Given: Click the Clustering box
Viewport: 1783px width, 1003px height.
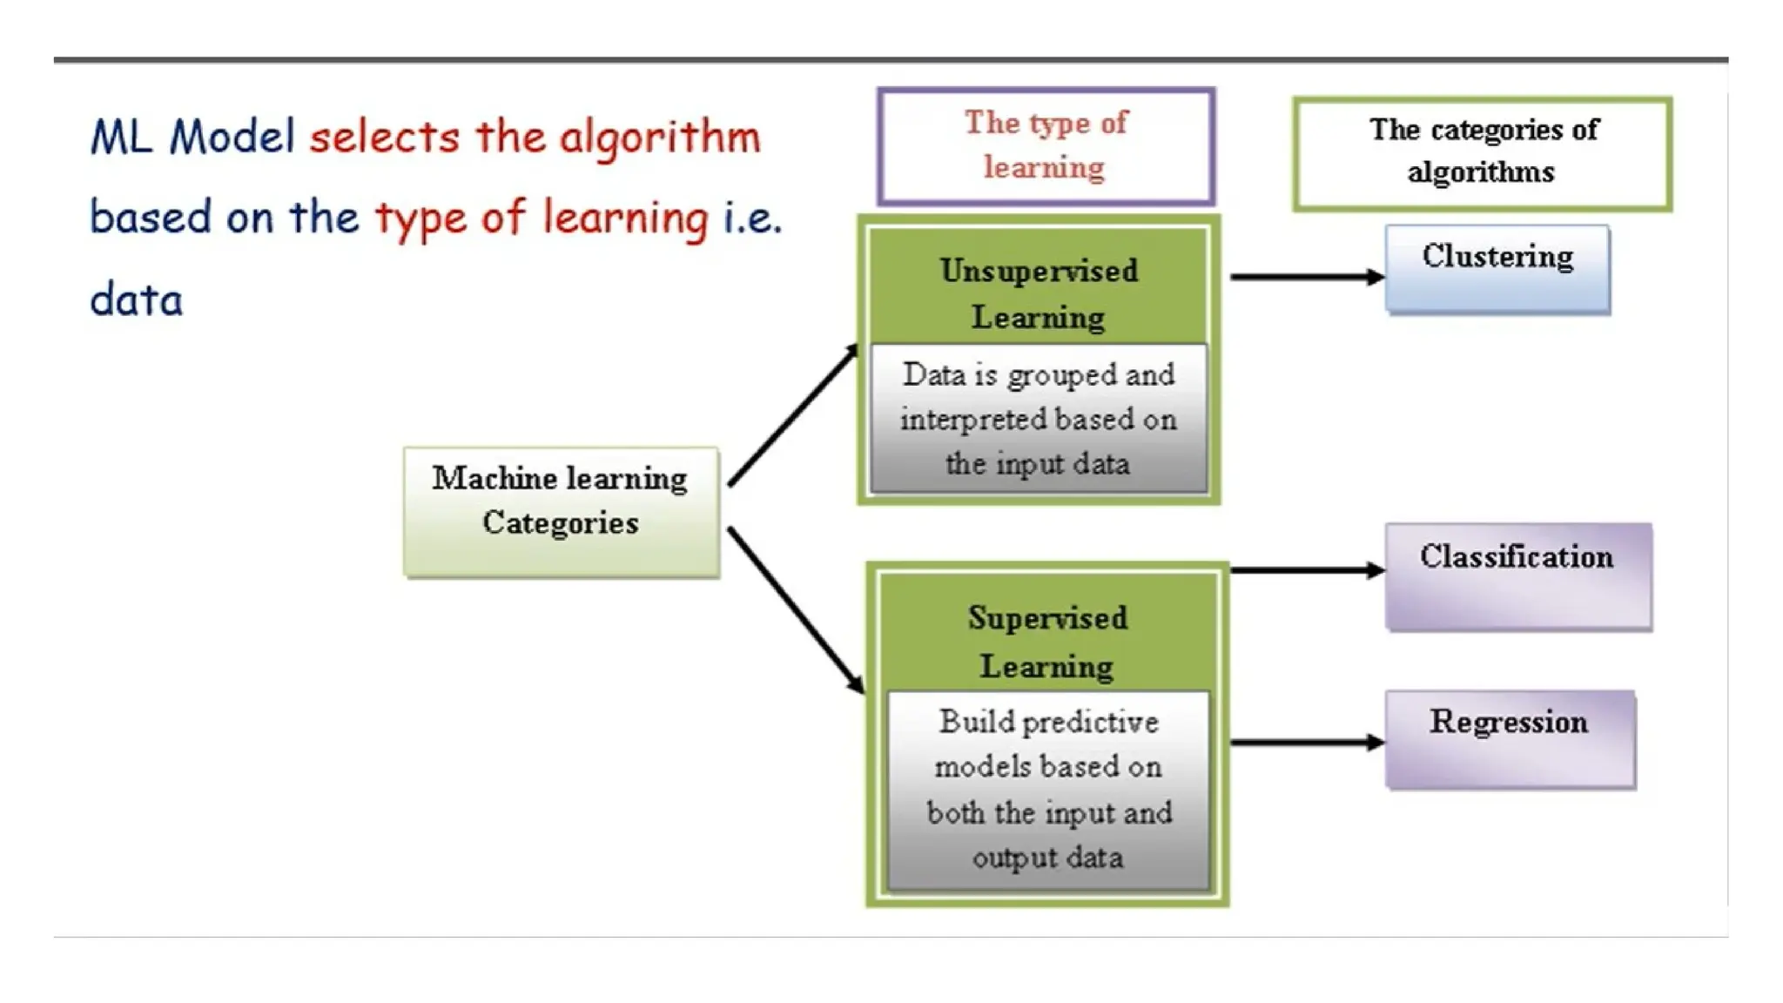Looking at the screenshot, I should (1497, 269).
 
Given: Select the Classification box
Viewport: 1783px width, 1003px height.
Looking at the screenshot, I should (1517, 576).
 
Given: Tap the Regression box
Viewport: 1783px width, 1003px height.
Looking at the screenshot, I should (1510, 739).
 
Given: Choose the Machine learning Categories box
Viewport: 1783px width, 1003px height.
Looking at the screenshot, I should (561, 511).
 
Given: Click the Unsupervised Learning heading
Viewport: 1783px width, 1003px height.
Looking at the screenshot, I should (1039, 293).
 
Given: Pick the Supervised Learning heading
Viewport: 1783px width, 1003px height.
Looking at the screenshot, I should (1047, 641).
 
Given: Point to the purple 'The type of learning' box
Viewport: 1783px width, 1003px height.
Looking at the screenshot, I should (1046, 145).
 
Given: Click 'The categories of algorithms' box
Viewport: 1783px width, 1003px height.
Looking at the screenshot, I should (1482, 153).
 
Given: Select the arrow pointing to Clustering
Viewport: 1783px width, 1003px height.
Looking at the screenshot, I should (1306, 277).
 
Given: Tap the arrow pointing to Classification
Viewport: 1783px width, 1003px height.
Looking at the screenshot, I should (1306, 570).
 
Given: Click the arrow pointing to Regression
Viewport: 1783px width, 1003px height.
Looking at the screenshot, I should (1306, 743).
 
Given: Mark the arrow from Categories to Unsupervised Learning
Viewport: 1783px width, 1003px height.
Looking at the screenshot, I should (793, 415).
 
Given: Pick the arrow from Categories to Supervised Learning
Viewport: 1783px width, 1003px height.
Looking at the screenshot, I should (795, 609).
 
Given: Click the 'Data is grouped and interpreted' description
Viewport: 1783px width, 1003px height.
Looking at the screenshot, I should (1039, 419).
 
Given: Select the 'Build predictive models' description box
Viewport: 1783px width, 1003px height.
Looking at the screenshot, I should (1048, 790).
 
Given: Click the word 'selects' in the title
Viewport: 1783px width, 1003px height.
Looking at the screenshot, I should (384, 138).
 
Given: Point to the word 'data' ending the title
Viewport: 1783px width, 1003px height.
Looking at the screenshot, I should (137, 300).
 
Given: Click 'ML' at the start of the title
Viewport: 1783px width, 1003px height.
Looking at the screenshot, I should (121, 138).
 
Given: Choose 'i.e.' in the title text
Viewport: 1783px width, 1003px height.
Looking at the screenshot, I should (752, 218).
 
